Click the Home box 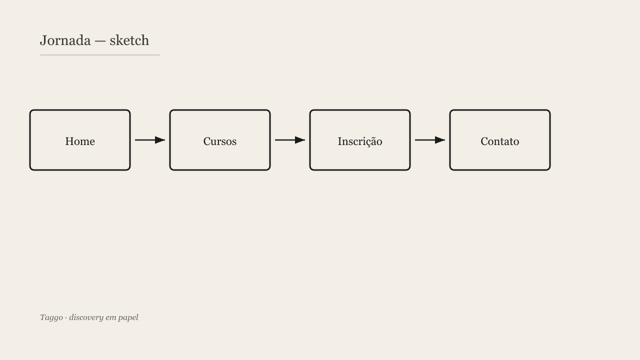point(80,140)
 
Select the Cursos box point(220,140)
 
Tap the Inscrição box point(360,140)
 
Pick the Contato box point(500,140)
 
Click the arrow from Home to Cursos point(150,140)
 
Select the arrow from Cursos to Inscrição point(290,140)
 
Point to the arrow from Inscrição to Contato point(430,140)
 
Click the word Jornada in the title point(65,40)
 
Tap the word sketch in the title point(129,40)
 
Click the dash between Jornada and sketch point(100,41)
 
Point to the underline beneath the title point(100,55)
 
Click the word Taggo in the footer point(51,317)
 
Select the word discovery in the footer point(86,317)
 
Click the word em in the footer point(110,318)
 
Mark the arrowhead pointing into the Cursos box point(160,140)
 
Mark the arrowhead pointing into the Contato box point(440,140)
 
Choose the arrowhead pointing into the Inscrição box point(300,140)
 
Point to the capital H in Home point(69,141)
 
